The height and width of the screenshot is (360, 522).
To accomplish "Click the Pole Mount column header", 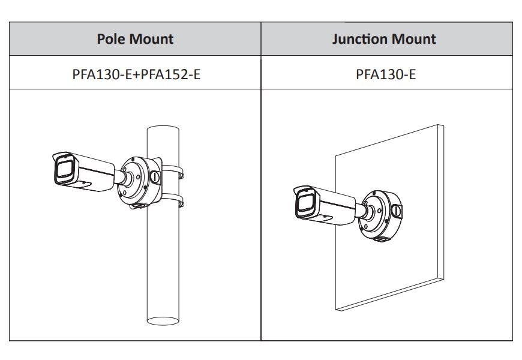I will pyautogui.click(x=135, y=40).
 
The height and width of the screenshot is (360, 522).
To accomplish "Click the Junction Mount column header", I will pyautogui.click(x=384, y=40).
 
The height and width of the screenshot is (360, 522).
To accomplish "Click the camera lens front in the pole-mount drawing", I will pyautogui.click(x=63, y=170).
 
